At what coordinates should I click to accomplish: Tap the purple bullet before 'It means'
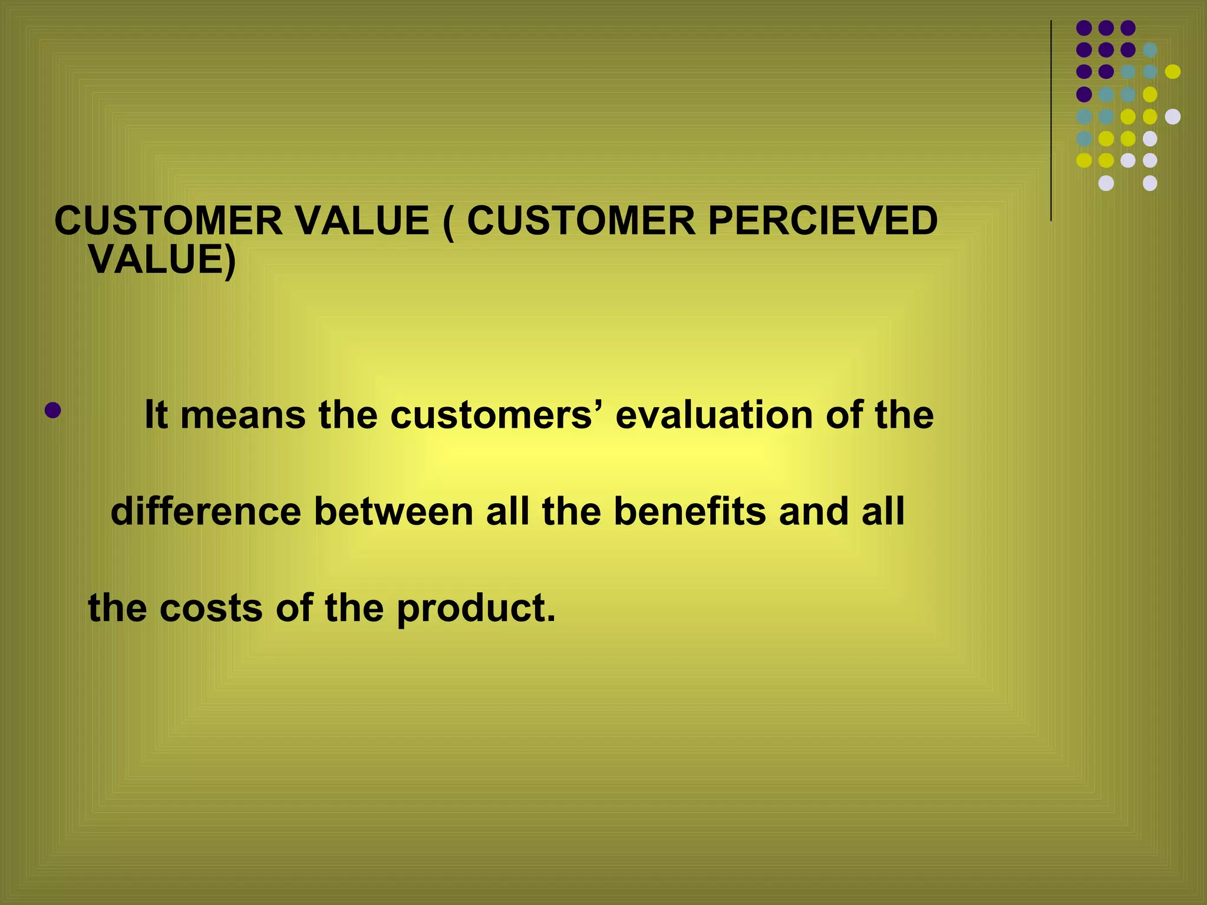[x=52, y=411]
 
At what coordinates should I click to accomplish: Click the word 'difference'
[x=206, y=511]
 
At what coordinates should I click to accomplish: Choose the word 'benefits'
[x=690, y=511]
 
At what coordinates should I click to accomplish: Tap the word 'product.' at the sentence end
[x=476, y=609]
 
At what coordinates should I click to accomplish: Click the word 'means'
[x=243, y=415]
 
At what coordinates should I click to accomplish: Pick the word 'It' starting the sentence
[x=156, y=415]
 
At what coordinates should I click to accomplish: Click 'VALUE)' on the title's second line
[x=162, y=259]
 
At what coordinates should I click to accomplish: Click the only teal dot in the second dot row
[x=1150, y=50]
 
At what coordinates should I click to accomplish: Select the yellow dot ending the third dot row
[x=1173, y=72]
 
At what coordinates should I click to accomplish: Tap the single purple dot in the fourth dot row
[x=1084, y=94]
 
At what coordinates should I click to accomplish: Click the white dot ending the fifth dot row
[x=1173, y=117]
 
